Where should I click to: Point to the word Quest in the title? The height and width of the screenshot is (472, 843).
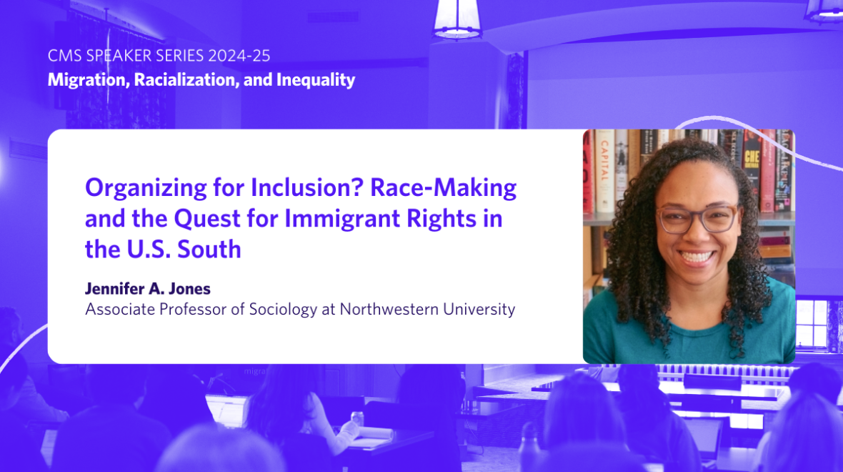pyautogui.click(x=207, y=219)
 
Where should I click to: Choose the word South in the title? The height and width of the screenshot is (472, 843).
pyautogui.click(x=209, y=249)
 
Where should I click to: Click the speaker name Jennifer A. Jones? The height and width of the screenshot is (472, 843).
pyautogui.click(x=148, y=289)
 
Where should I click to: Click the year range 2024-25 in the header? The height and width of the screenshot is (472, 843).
pyautogui.click(x=239, y=56)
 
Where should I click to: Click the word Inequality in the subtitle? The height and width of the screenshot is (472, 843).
pyautogui.click(x=316, y=80)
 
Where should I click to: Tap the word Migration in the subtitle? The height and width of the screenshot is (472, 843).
pyautogui.click(x=88, y=80)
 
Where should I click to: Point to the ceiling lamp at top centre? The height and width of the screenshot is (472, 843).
pyautogui.click(x=457, y=19)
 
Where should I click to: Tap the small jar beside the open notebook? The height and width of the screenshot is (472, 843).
pyautogui.click(x=356, y=418)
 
